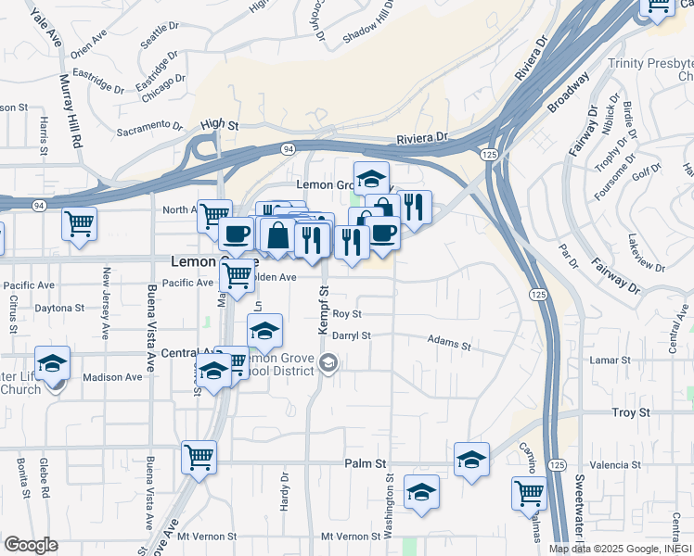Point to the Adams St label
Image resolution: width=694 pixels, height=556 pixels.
[449, 344]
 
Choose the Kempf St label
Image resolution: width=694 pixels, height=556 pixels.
[325, 310]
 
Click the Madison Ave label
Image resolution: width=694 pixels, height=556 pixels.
[112, 377]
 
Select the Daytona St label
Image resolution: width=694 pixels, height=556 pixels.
[59, 308]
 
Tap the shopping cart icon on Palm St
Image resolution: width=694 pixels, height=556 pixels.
[199, 457]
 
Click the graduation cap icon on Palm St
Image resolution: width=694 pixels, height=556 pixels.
[471, 460]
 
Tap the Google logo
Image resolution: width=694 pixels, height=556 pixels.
[32, 545]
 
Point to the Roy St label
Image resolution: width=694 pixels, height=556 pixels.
[346, 315]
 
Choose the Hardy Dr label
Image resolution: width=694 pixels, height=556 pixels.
[285, 491]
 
